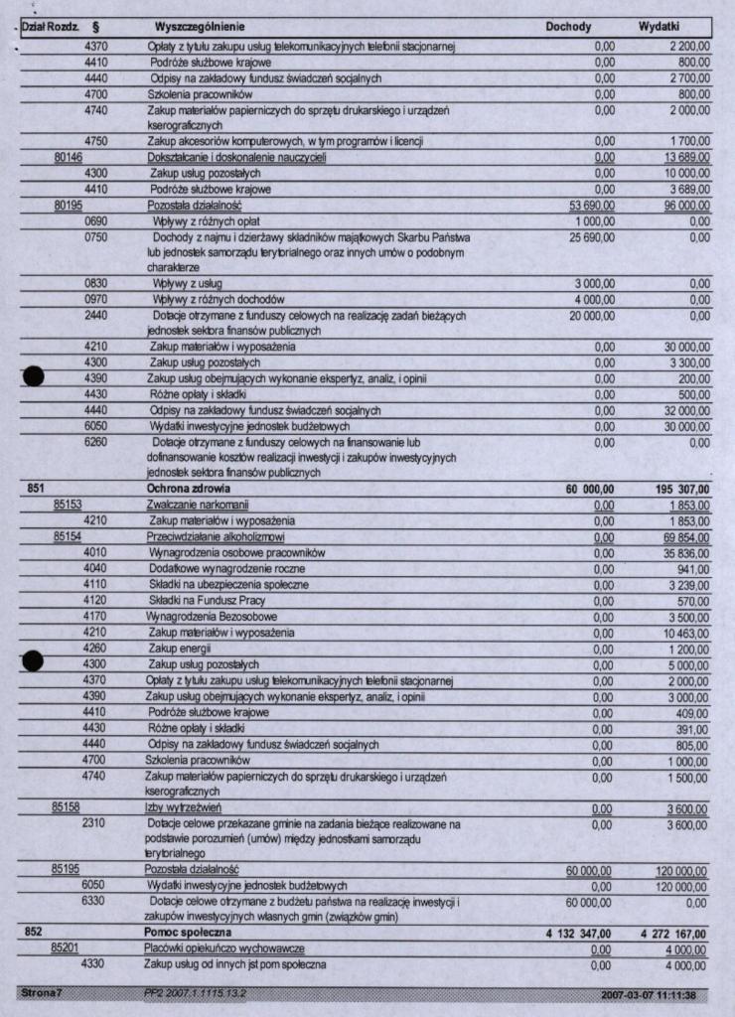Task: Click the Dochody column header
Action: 569,26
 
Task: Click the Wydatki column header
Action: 659,26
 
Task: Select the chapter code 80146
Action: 68,157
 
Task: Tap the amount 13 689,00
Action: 686,157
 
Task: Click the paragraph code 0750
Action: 96,237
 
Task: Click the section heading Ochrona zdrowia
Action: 188,489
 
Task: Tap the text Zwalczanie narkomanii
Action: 197,505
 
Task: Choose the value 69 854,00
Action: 686,536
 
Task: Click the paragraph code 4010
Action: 96,552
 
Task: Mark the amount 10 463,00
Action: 686,632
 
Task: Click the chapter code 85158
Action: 67,808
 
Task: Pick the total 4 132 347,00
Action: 579,934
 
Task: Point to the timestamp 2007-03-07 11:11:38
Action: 648,995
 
